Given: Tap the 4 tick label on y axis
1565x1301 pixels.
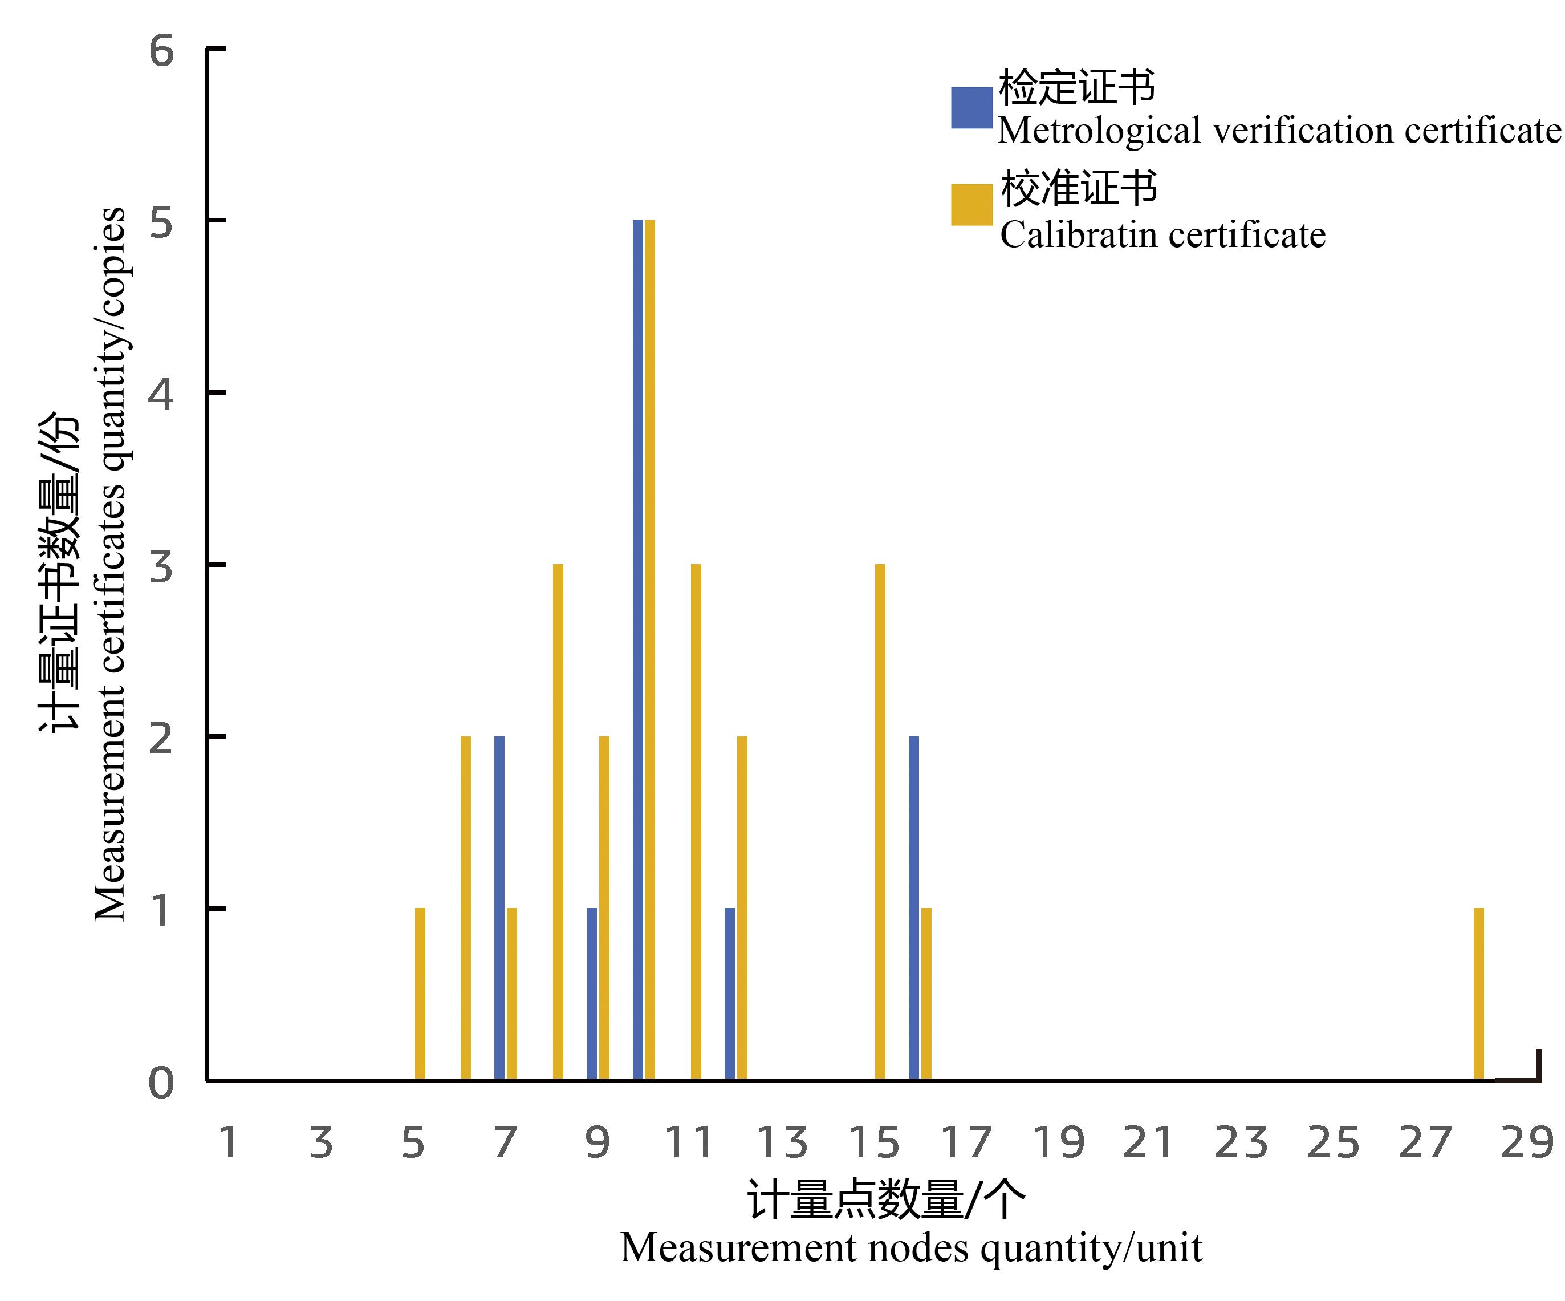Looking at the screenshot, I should click(161, 393).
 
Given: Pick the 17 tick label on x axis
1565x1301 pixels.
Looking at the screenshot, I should click(966, 1143).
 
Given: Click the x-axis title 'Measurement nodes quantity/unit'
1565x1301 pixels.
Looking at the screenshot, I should click(910, 1248).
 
